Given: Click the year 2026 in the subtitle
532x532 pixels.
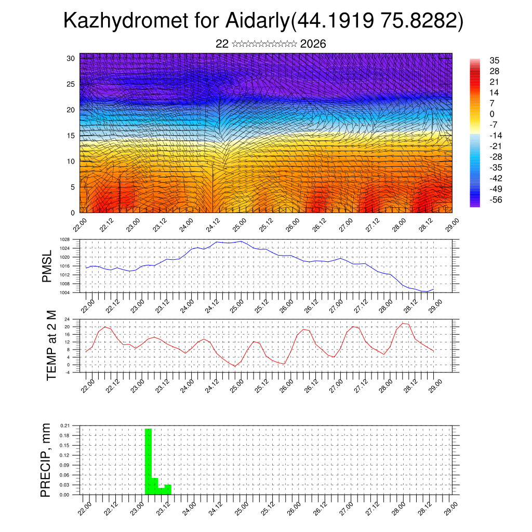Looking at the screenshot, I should (x=313, y=44).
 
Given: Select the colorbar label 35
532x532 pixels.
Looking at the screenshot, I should (x=495, y=61).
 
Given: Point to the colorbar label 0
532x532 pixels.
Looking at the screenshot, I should (x=492, y=114).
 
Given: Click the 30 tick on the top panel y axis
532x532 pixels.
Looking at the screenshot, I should (x=71, y=58).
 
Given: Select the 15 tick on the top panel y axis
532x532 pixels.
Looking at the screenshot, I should (x=71, y=136).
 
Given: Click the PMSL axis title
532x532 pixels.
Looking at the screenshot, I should (x=47, y=266).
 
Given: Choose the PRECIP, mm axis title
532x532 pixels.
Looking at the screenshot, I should (x=46, y=460).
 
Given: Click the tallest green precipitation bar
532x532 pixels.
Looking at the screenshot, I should (x=148, y=460).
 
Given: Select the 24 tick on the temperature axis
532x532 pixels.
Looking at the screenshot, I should (x=67, y=319).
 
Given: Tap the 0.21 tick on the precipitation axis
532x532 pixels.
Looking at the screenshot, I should (x=65, y=425).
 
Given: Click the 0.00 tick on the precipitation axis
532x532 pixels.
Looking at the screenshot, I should (x=65, y=495).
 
